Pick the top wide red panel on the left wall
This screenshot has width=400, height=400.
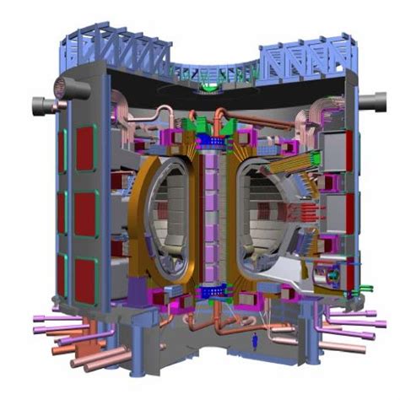tap(85, 144)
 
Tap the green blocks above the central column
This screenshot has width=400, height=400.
tap(203, 127)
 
